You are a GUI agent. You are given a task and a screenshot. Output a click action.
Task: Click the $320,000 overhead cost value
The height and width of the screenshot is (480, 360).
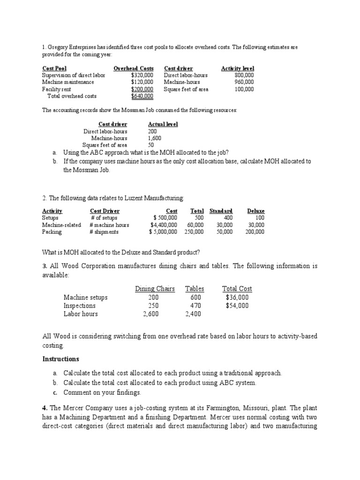click(x=142, y=75)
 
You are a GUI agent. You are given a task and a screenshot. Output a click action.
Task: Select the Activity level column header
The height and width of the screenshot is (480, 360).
click(x=237, y=68)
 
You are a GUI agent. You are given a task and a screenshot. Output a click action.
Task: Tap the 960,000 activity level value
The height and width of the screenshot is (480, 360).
click(x=244, y=82)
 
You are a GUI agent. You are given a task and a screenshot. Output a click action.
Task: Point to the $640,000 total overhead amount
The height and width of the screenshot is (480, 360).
click(x=142, y=96)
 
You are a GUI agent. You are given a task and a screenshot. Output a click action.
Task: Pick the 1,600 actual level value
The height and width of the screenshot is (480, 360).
click(x=155, y=138)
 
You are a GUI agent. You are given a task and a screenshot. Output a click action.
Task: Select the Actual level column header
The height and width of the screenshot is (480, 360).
click(x=163, y=124)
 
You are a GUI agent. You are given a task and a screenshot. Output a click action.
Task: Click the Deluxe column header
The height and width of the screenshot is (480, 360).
click(x=255, y=211)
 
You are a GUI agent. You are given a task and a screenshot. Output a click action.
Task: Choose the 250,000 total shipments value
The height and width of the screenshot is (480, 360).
click(x=194, y=232)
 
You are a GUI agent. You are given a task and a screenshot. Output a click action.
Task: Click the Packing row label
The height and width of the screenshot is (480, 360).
click(x=52, y=232)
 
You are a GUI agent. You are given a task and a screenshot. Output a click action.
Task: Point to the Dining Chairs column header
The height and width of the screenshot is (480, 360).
click(x=155, y=289)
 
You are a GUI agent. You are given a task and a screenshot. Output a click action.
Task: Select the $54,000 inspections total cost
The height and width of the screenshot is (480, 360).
click(x=237, y=306)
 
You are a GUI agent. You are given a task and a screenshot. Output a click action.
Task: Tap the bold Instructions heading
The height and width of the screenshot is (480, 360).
click(x=61, y=359)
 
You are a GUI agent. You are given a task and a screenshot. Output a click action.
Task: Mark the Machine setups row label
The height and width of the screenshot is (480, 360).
click(x=85, y=297)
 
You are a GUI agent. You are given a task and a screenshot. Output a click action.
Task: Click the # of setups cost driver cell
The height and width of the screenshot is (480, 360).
click(x=104, y=217)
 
